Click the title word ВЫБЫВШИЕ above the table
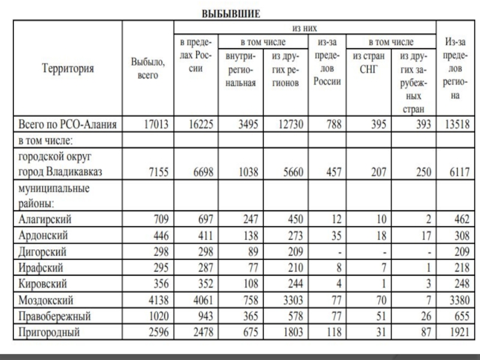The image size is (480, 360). click(231, 13)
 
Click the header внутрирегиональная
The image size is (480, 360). click(241, 70)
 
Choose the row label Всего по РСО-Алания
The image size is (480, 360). click(68, 125)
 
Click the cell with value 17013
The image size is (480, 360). click(158, 125)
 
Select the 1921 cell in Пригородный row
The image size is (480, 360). click(458, 331)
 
